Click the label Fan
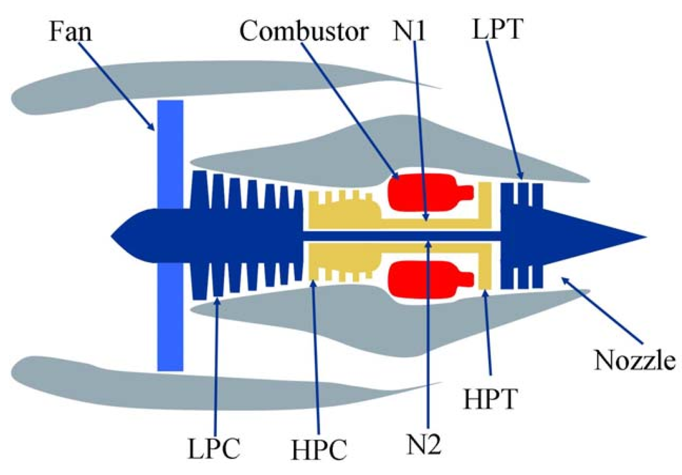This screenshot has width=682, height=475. point(70,31)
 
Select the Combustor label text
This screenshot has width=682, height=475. point(304,31)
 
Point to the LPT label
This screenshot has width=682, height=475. point(497,30)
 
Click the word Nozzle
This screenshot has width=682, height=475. point(634,360)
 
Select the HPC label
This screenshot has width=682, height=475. point(319,449)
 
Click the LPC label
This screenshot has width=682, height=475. point(214,448)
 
